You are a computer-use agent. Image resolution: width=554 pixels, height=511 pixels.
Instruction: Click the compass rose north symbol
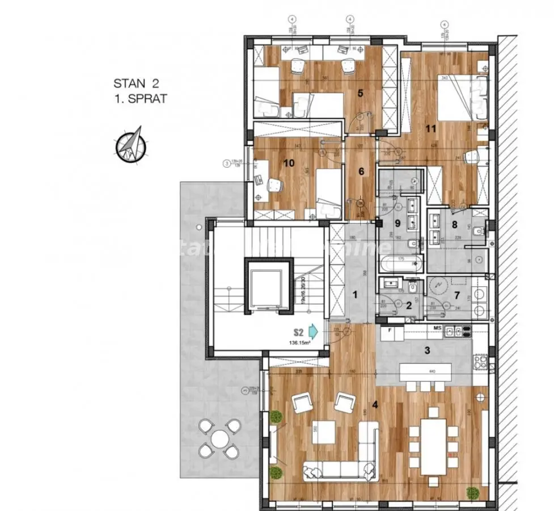pyautogui.click(x=130, y=144)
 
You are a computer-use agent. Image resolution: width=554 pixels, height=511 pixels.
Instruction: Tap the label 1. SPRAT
pyautogui.click(x=140, y=98)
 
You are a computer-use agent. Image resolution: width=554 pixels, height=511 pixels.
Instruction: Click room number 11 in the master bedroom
pyautogui.click(x=431, y=129)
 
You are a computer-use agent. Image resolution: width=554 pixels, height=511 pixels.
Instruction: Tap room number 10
pyautogui.click(x=289, y=164)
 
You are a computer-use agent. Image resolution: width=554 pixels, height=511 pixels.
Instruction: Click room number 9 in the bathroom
pyautogui.click(x=397, y=223)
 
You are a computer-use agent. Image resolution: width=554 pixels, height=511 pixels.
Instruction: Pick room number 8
pyautogui.click(x=454, y=224)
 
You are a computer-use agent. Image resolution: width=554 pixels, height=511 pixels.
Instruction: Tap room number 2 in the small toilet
pyautogui.click(x=409, y=305)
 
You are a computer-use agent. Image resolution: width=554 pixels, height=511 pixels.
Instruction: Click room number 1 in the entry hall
pyautogui.click(x=355, y=294)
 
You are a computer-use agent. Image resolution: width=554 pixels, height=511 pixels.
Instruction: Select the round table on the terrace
pyautogui.click(x=219, y=438)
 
